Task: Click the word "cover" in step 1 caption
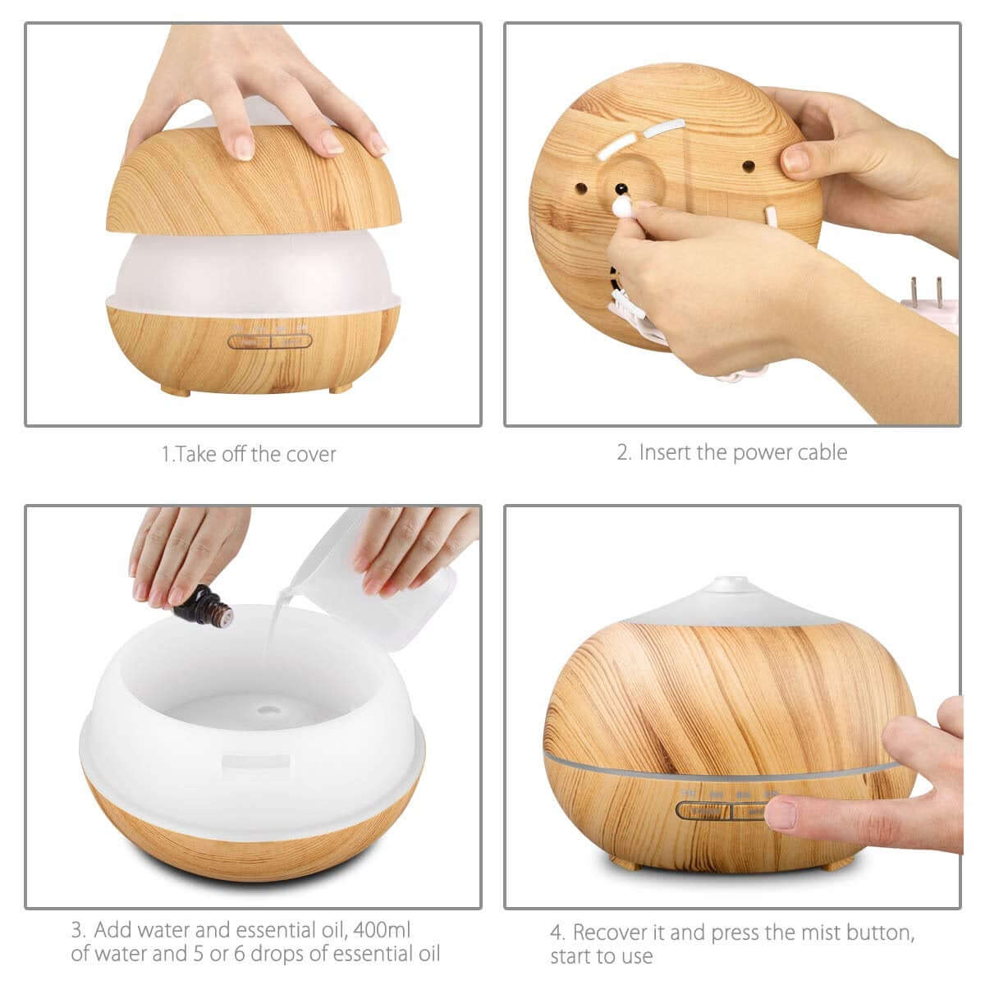tap(311, 455)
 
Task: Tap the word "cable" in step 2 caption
tap(822, 452)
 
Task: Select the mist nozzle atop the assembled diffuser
tap(732, 584)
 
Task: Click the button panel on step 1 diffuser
tap(269, 341)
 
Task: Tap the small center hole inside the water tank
tap(269, 710)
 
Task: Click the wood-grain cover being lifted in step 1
tap(254, 176)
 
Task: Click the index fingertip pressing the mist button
tap(780, 813)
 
